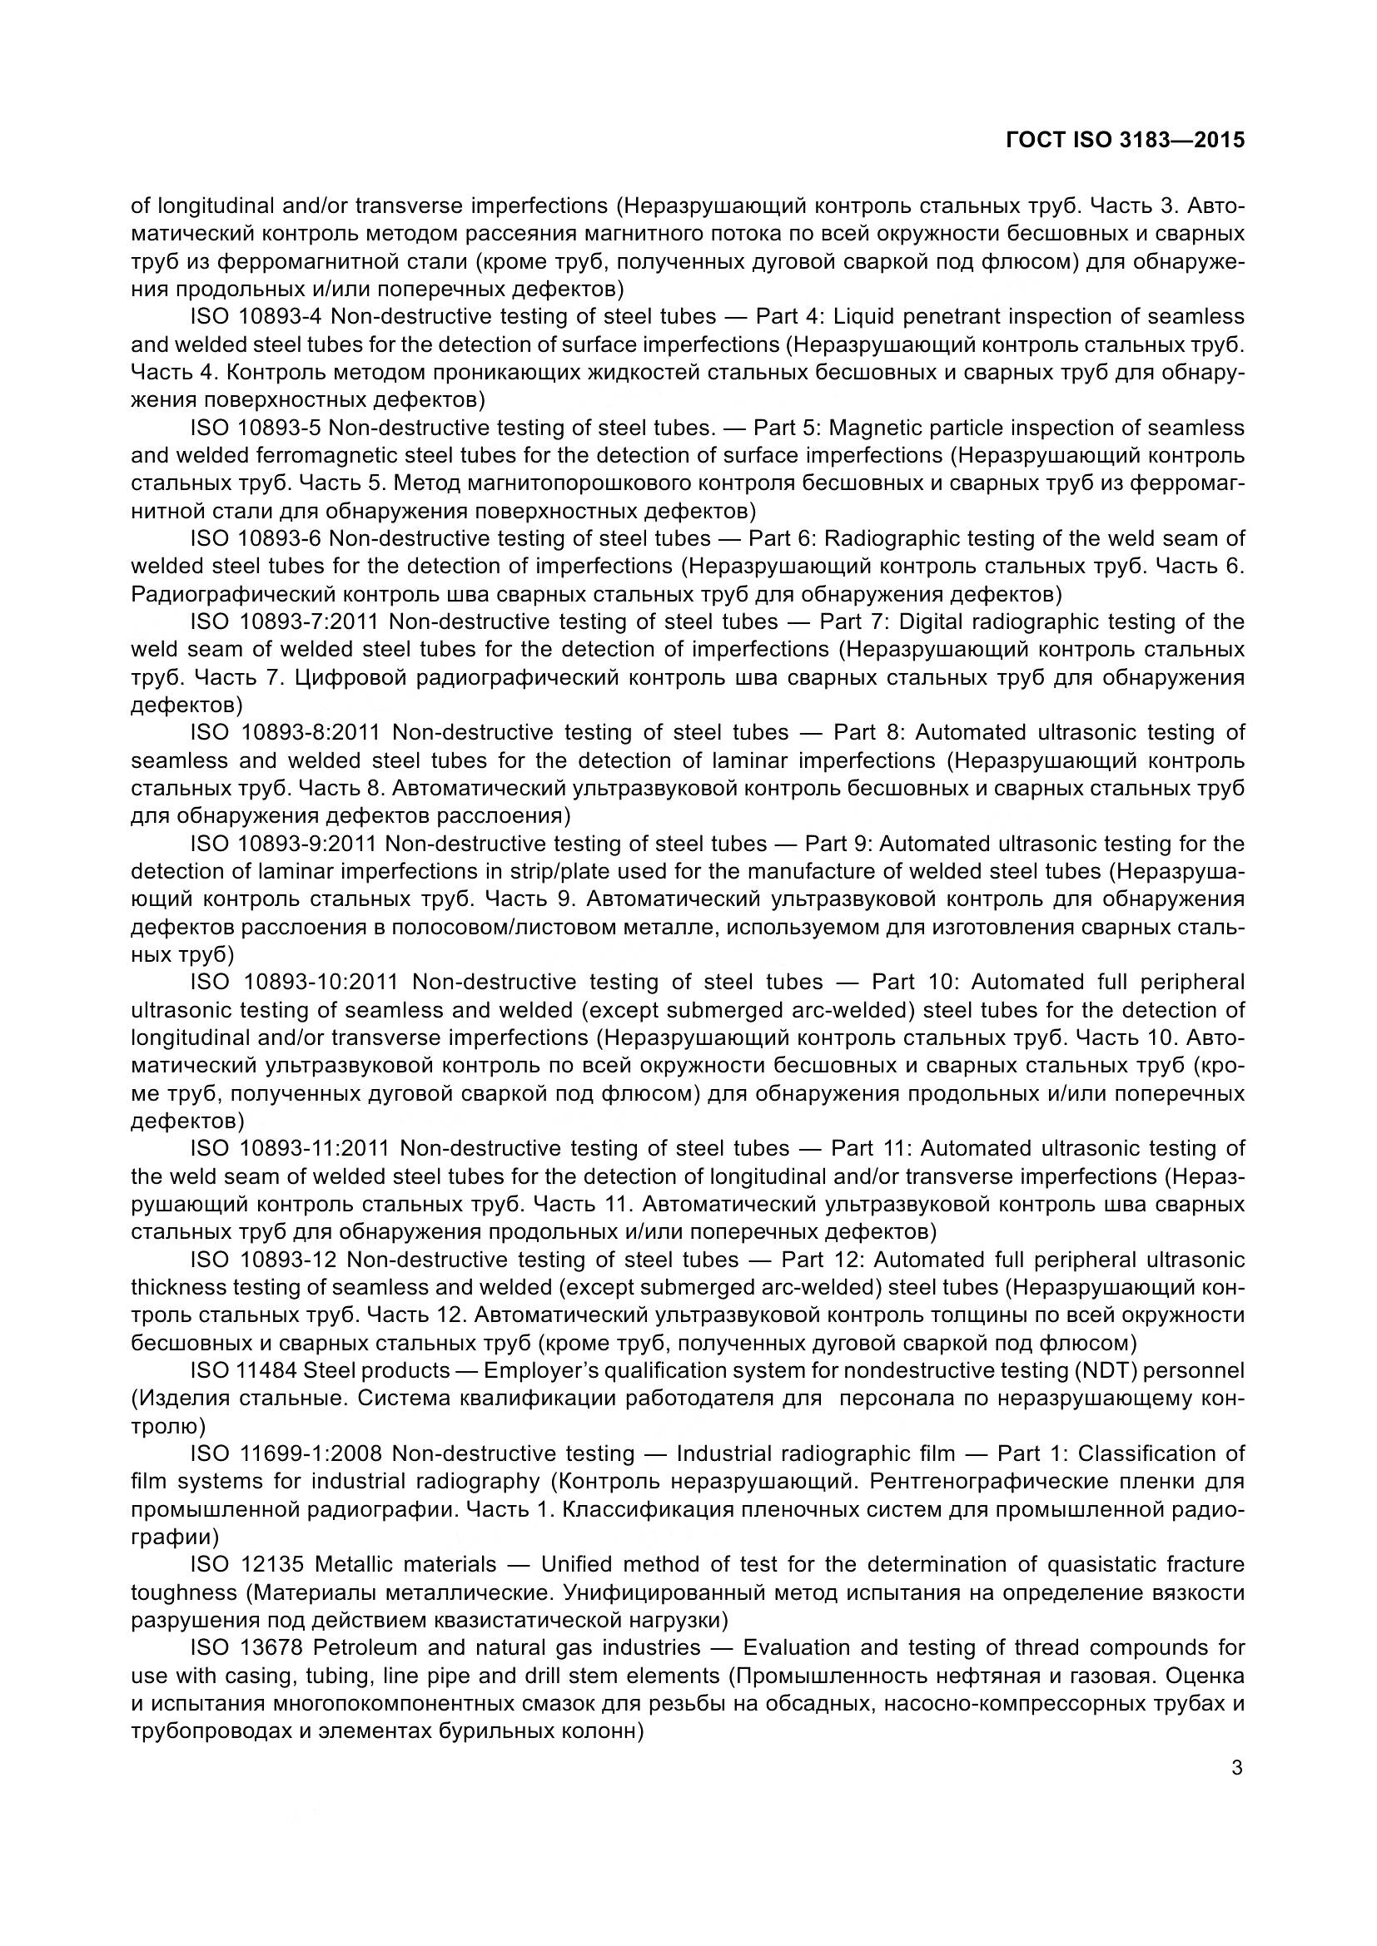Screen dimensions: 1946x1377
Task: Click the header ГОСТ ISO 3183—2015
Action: pyautogui.click(x=1126, y=141)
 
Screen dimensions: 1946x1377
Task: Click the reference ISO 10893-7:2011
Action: pyautogui.click(x=285, y=622)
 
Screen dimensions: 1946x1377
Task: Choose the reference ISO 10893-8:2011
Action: pyautogui.click(x=286, y=733)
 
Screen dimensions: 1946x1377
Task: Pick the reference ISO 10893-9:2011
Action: pyautogui.click(x=283, y=844)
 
